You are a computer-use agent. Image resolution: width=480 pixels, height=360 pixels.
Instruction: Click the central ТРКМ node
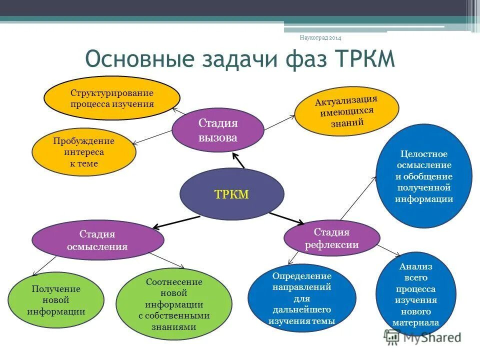point(231,194)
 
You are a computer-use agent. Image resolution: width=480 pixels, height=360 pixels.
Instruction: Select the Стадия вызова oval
point(218,130)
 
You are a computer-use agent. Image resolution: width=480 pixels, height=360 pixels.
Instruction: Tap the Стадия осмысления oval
point(98,240)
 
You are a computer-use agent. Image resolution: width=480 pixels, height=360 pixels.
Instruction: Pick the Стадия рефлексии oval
point(332,238)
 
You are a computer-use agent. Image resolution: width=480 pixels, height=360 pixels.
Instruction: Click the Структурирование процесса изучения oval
point(112,98)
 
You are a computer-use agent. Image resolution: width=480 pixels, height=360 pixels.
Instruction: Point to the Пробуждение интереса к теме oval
point(83,152)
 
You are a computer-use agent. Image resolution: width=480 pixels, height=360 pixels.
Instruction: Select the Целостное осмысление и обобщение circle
point(424,176)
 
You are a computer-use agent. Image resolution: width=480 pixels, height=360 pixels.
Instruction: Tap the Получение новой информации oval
point(56,300)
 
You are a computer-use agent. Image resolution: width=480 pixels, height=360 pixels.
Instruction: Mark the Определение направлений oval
point(301,298)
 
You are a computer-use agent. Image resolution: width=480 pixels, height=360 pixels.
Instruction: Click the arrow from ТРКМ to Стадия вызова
point(238,160)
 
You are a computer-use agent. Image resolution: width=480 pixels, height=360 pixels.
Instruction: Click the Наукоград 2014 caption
point(320,37)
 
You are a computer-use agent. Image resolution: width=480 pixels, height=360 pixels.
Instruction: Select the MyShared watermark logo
point(423,337)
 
